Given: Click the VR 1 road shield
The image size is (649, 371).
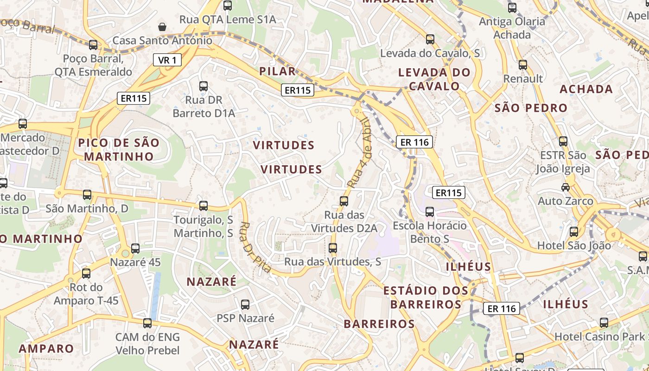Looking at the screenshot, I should point(167,60).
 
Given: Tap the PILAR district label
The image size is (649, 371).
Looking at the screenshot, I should point(277,71).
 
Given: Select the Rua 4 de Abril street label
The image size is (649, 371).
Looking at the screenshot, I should point(360,153).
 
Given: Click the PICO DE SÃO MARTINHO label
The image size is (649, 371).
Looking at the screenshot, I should point(119,149).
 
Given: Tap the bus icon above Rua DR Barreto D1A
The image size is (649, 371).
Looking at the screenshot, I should point(204,86).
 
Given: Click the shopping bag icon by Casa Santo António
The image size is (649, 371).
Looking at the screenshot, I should point(162,27).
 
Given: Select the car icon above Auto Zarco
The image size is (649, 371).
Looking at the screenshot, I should point(566,187).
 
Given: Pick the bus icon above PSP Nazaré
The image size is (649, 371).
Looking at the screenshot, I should point(245,305).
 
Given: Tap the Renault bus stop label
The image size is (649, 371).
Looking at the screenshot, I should point(523,79).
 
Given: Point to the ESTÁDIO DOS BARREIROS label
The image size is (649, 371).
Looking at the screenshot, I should point(426,297).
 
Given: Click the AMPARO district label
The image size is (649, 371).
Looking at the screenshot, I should point(46,348).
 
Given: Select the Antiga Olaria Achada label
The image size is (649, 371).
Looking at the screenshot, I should point(512,28).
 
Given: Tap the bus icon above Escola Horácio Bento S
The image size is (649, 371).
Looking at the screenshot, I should point(430,212).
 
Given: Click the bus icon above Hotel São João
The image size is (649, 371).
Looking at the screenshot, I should point(574,232).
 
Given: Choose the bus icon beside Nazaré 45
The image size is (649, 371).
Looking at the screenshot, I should point(135,249).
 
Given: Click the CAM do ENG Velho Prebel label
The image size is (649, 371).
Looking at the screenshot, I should point(147,344).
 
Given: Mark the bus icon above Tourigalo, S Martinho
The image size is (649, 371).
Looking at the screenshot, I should point(204,206).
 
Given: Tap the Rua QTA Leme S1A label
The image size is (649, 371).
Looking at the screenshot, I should point(228,19).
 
